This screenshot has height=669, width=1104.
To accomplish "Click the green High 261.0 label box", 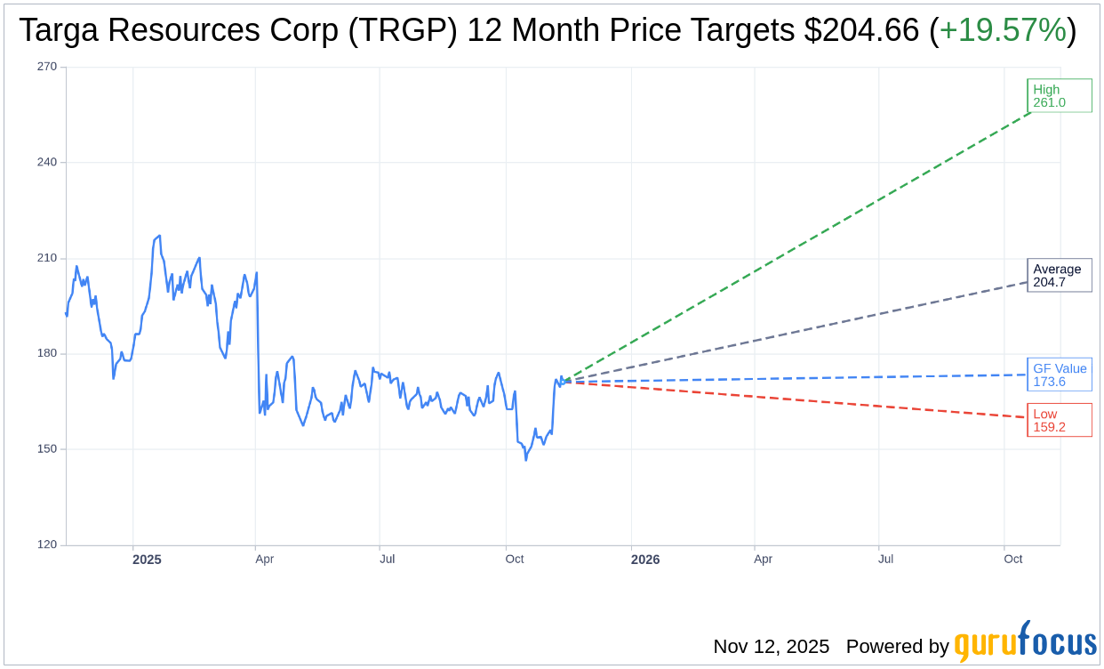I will coord(1059,95).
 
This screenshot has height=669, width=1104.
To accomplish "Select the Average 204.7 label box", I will coord(1059,275).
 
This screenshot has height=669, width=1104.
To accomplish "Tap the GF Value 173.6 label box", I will coord(1059,375).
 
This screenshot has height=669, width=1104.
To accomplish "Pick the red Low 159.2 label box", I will coord(1059,420).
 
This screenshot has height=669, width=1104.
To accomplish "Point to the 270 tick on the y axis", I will coord(47,67).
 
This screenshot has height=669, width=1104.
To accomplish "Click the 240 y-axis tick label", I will coord(47,163).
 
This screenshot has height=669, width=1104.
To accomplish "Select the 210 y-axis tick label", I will coord(47,258).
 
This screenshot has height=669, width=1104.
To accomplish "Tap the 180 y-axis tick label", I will coord(47,353).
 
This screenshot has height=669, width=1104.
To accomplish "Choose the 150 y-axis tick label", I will coord(47,449).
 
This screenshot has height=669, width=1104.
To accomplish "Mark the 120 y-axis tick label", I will coord(47,544).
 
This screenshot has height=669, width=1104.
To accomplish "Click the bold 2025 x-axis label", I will coord(147,560).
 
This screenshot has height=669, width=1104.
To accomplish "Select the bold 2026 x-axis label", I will coord(645,560).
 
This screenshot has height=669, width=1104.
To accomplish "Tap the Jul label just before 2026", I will coord(388,560).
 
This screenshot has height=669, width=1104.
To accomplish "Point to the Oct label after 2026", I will coord(1012,560).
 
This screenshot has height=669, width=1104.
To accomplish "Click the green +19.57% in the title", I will coord(1002,30).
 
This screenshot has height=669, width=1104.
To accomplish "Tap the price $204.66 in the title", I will coord(861,30).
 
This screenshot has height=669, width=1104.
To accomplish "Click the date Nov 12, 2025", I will coord(771,646).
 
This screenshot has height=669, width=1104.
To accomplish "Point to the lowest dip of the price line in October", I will coord(525,460).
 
